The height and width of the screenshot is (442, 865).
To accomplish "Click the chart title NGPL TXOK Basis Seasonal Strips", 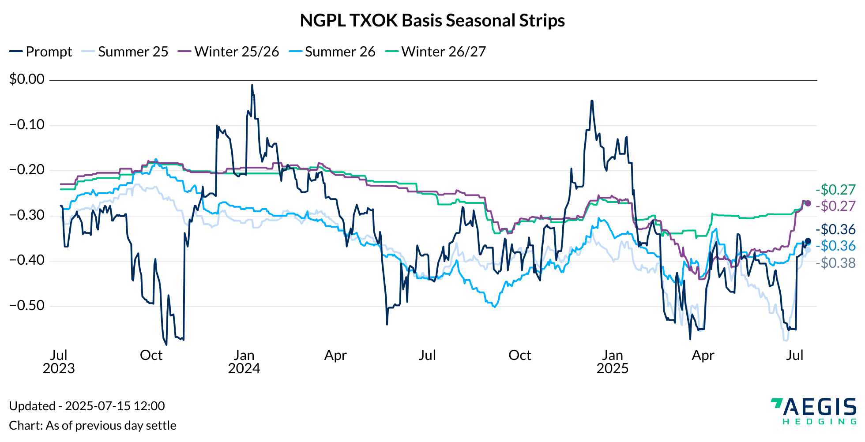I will point(432,21).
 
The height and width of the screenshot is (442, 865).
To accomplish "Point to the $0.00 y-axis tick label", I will point(27,79).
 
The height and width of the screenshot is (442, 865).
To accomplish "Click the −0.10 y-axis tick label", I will point(27,125).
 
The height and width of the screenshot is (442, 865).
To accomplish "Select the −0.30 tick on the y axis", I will point(27,215).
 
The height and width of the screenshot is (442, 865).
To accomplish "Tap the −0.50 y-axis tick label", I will point(27,306).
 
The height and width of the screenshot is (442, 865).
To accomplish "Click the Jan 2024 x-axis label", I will point(244,362).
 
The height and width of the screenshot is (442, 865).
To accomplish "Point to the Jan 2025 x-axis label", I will point(613,362).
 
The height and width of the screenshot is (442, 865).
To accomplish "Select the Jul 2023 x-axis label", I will point(59,362).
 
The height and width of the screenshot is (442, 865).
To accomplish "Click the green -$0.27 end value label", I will point(835,190).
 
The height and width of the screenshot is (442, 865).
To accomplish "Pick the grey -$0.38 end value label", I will point(835,263).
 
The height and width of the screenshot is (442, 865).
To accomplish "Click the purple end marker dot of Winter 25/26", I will point(808,203).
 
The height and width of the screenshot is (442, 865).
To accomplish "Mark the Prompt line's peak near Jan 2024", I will point(252,85).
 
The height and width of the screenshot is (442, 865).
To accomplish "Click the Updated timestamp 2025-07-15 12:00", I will point(87,406).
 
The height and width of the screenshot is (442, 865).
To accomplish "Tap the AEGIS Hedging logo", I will point(813,411).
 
